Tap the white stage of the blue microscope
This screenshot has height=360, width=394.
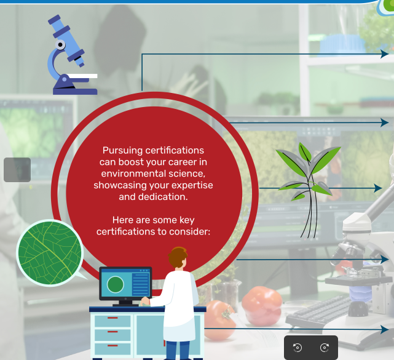pos(82,76)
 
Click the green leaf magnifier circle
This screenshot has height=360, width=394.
pos(50,253)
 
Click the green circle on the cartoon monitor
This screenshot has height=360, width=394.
pos(116,284)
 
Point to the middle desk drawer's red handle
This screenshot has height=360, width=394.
pos(112,332)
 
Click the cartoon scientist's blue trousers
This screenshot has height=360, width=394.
pos(178,350)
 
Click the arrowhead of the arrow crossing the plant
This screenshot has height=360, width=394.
pos(378,188)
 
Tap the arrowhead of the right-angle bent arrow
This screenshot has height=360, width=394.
pos(385,54)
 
